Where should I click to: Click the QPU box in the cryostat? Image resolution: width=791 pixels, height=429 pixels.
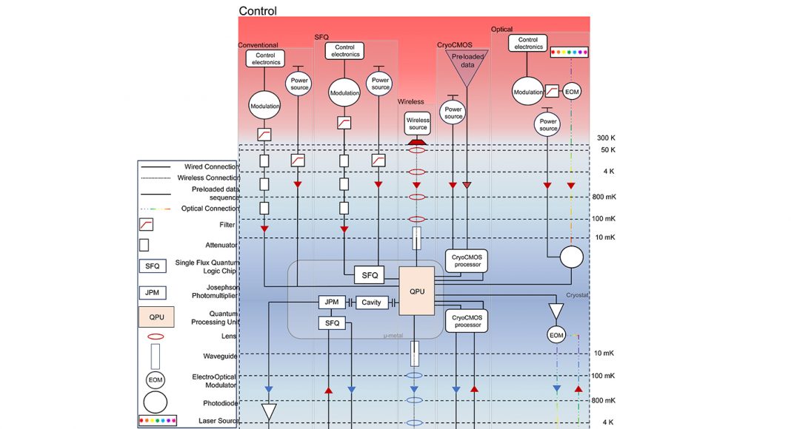coord(416,291)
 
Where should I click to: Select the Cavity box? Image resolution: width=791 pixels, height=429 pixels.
coord(371,303)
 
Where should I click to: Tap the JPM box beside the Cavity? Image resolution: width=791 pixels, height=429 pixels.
coord(332,303)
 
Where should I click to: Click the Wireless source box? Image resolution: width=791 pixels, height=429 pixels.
coord(418,124)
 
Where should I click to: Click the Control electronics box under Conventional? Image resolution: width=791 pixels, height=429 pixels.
coord(266,58)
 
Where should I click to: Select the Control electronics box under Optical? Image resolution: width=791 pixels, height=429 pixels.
coord(528,44)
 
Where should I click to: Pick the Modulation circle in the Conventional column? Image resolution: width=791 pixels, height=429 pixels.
coord(265,106)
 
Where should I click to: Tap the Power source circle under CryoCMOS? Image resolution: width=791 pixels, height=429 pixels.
coord(453,112)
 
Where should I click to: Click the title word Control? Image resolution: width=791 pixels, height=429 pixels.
coord(258,11)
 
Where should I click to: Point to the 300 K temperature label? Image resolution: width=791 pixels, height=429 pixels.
coord(607,138)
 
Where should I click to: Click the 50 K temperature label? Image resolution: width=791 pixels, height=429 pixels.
coord(607,150)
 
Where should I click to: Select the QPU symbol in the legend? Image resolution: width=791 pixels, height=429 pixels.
coord(156,317)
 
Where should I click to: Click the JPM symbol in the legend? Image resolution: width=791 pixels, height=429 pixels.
coord(153,292)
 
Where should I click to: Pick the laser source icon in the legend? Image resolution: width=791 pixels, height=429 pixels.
coord(156,421)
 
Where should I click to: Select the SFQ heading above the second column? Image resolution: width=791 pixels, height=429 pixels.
coord(322,36)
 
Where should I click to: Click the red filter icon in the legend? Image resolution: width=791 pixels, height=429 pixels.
coord(146,225)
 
